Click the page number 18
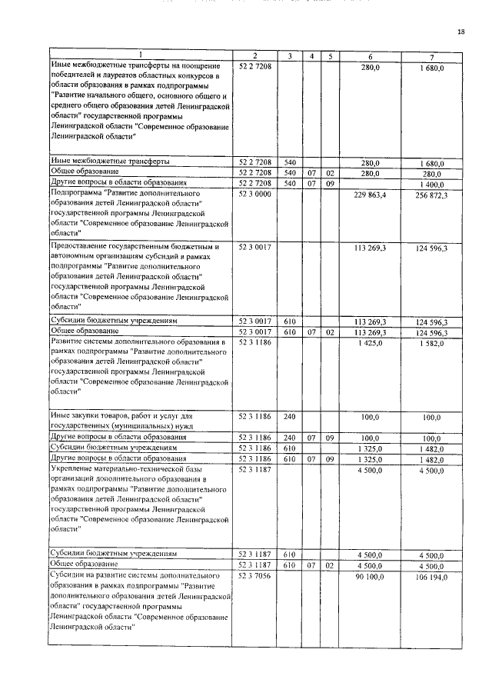pyautogui.click(x=461, y=32)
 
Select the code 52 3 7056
pyautogui.click(x=254, y=575)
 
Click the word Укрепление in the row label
pyautogui.click(x=72, y=468)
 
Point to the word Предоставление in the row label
pyautogui.click(x=80, y=248)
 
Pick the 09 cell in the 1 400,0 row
pyautogui.click(x=330, y=183)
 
